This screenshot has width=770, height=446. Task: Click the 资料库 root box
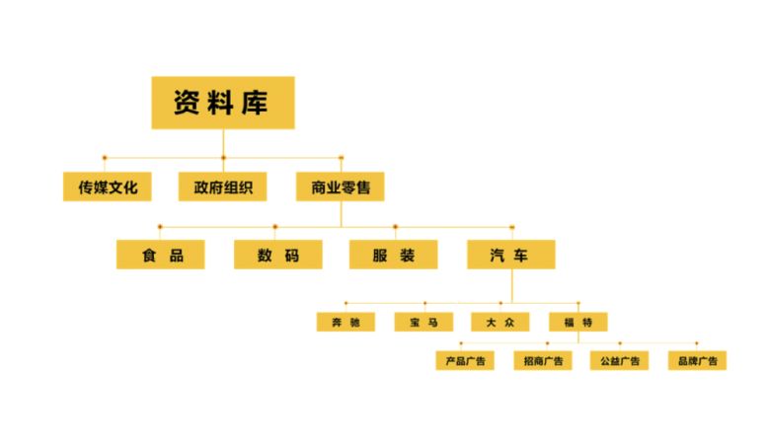tap(223, 103)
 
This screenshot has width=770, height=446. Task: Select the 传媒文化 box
tap(107, 186)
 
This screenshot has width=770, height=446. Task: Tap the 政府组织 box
tap(222, 186)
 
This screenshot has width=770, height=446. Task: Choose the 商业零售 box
tap(340, 186)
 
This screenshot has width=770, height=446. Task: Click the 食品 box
tap(161, 255)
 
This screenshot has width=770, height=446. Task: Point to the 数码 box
tap(278, 255)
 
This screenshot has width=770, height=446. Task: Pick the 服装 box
tap(393, 255)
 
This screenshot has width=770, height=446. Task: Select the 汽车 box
tap(511, 255)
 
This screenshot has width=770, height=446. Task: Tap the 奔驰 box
tap(346, 322)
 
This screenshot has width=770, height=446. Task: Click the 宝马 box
tap(423, 322)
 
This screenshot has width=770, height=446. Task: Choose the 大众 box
tap(500, 322)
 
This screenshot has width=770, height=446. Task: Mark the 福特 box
tap(578, 322)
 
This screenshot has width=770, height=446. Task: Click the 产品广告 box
tap(465, 360)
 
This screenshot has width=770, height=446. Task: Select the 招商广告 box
tap(543, 360)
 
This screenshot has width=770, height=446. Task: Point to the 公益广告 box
tap(619, 360)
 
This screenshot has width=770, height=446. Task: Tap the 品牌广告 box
tap(697, 360)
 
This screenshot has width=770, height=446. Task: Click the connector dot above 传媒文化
tap(104, 158)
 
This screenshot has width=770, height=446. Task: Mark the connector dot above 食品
tap(160, 227)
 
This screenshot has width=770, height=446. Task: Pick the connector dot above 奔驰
tap(346, 303)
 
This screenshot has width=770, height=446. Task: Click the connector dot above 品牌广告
tap(696, 343)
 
